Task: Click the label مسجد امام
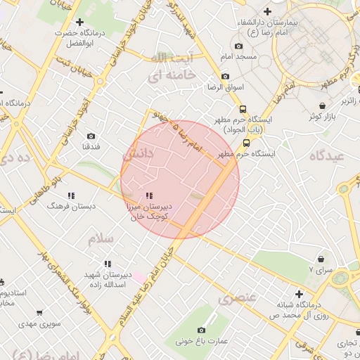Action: [x=240, y=56]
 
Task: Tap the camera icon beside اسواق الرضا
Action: [x=225, y=77]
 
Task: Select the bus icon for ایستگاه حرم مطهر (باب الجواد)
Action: [x=243, y=109]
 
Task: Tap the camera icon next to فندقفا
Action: [x=91, y=136]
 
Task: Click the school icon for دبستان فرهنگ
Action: [x=70, y=195]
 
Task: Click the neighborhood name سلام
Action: [x=101, y=239]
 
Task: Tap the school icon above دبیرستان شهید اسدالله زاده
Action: [x=106, y=264]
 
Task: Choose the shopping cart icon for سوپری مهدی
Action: [x=37, y=314]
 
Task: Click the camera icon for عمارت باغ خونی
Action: [x=202, y=330]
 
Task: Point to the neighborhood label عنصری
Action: [x=236, y=298]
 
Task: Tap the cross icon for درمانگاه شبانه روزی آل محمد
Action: [x=299, y=294]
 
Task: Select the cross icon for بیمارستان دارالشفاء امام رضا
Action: [x=267, y=11]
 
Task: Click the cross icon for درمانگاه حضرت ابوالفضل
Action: [x=79, y=22]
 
